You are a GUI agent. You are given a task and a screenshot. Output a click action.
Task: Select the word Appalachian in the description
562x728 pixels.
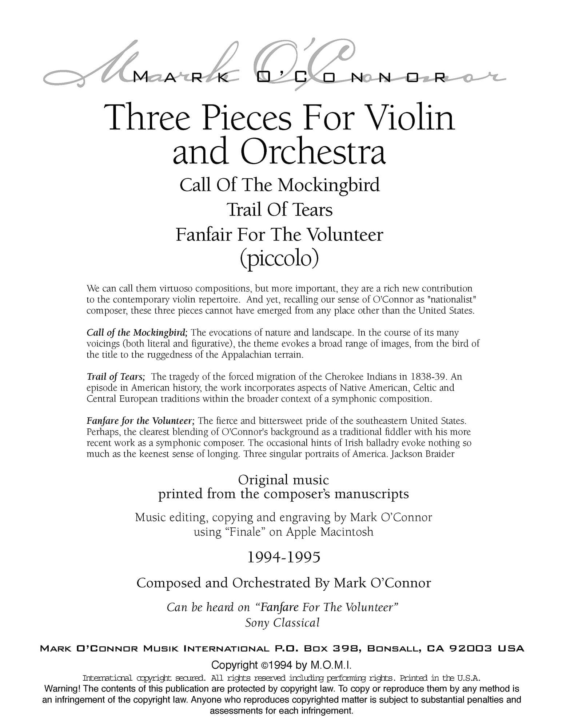point(247,355)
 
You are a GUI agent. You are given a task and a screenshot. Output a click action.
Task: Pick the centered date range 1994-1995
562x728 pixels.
point(283,557)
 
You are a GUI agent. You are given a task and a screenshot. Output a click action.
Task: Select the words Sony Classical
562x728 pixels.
point(282,622)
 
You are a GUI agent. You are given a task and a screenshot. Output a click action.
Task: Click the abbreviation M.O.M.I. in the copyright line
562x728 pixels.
point(331,665)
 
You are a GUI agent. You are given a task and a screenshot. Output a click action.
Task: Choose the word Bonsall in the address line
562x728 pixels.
point(395,648)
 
